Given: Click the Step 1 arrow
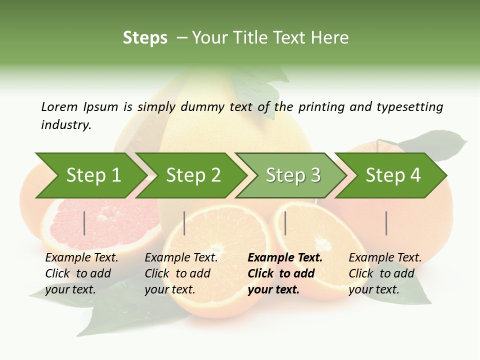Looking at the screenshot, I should [x=93, y=175].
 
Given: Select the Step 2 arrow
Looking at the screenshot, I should [x=193, y=175].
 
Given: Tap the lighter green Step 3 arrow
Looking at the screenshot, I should [x=293, y=175].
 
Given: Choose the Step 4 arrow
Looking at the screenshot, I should [x=393, y=175].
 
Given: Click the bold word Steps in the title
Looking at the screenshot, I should [x=145, y=38].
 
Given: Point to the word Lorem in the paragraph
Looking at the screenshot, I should [x=59, y=106].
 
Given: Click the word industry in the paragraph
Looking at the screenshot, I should [x=66, y=125].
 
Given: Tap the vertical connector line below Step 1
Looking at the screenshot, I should [x=84, y=223].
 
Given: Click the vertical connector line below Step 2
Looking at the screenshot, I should [x=184, y=223].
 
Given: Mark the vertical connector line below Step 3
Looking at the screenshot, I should [x=285, y=223].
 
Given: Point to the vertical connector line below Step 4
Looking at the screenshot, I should [x=386, y=223].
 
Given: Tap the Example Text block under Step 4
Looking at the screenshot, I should [x=384, y=273].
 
